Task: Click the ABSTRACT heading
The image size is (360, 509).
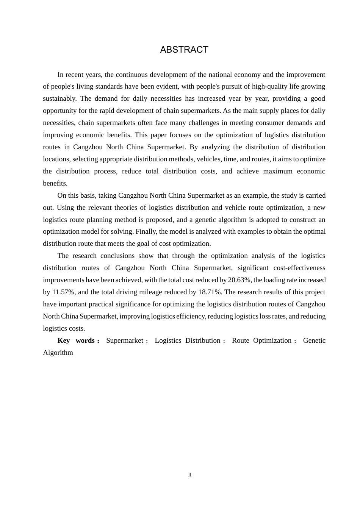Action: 184,50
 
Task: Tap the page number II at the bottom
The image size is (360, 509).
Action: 190,475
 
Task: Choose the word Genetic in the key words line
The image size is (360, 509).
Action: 314,340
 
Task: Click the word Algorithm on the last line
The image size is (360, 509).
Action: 58,353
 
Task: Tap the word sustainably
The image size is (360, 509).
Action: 59,98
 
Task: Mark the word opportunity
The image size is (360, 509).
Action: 60,111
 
